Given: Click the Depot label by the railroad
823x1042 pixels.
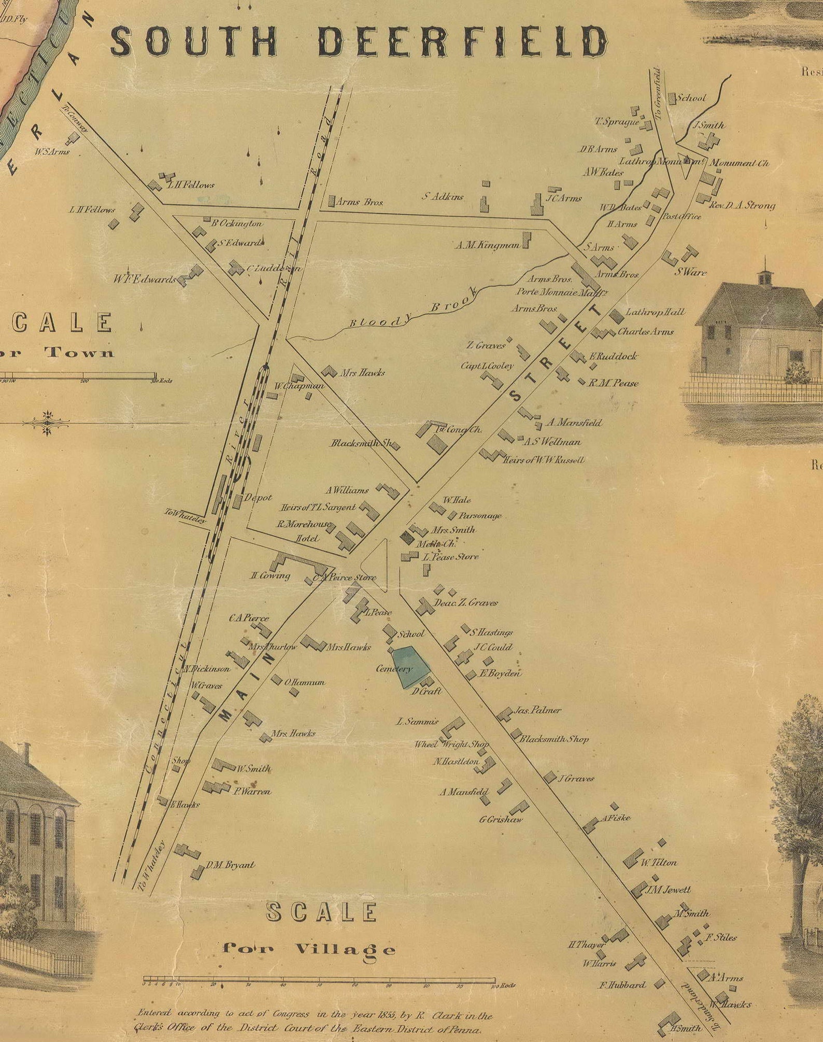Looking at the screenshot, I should point(258,498).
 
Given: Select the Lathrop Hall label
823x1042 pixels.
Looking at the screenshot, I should point(655,312).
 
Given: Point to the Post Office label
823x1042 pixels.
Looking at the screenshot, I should point(682,217).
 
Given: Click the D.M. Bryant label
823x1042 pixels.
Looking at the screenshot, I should point(230,865).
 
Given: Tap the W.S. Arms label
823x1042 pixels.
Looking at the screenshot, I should point(51,152).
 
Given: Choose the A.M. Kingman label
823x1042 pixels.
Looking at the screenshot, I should point(487,245).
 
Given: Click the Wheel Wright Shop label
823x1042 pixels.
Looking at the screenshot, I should point(451,744).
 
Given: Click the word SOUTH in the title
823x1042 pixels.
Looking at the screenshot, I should point(194,41).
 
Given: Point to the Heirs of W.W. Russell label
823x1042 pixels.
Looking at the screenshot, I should point(544,460).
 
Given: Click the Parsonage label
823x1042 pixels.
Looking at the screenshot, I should point(480,516).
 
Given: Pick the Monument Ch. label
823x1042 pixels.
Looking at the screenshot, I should point(739,163).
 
